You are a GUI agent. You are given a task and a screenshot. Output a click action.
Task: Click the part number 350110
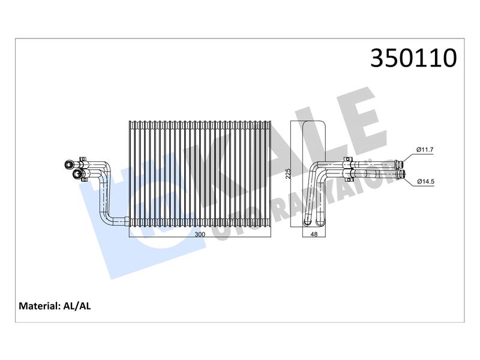click(x=413, y=58)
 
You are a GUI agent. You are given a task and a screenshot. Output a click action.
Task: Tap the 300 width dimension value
click(x=200, y=235)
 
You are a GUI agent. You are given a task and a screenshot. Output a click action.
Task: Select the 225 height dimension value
click(x=288, y=173)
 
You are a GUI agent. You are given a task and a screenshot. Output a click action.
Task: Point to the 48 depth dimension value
click(x=314, y=235)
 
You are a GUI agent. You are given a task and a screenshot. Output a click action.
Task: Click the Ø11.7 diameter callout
click(x=425, y=149)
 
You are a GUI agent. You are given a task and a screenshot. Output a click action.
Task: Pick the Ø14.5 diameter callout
click(x=425, y=182)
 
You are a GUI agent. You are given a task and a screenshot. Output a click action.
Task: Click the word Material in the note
click(x=39, y=306)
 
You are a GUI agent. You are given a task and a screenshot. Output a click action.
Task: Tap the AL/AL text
click(x=77, y=306)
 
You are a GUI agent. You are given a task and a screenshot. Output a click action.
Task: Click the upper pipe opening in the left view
click(x=68, y=164)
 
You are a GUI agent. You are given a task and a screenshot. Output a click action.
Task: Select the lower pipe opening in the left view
click(x=77, y=174)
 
